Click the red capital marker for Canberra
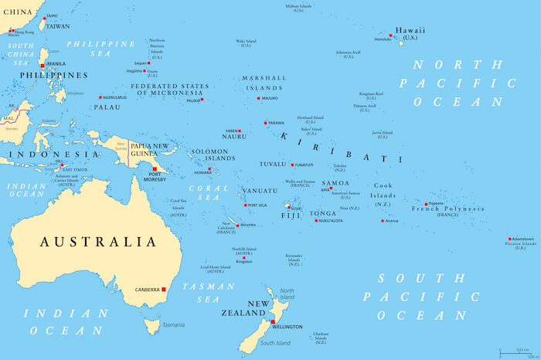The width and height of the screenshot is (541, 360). tap(164, 290)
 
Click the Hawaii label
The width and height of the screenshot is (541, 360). tap(410, 31)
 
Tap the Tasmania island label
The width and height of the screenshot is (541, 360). tap(173, 325)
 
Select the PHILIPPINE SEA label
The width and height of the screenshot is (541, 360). tap(100, 49)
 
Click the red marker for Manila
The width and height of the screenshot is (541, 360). tap(43, 65)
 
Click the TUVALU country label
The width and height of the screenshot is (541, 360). tap(272, 165)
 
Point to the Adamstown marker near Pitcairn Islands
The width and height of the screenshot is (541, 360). tap(510, 239)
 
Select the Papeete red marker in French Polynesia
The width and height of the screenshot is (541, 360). tap(426, 204)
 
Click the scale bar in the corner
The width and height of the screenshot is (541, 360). tap(518, 352)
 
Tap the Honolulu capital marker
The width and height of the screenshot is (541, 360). tap(392, 36)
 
